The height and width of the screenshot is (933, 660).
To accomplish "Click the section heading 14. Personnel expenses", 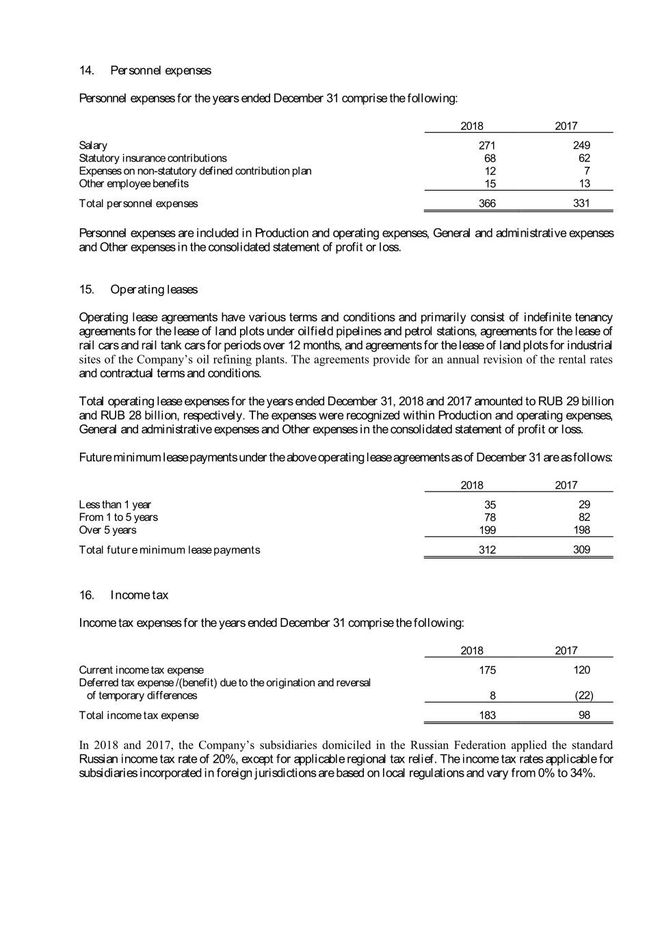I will click(x=145, y=70).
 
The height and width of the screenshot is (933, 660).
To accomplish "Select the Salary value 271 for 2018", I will click(x=487, y=145).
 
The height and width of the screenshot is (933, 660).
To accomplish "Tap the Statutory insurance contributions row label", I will click(x=153, y=158).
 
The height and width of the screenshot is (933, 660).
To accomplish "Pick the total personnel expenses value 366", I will click(x=487, y=203).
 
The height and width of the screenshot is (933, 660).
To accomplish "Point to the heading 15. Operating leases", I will click(x=138, y=289).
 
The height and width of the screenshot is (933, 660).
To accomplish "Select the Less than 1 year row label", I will click(x=115, y=504).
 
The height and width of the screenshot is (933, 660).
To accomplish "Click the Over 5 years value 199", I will click(x=487, y=530).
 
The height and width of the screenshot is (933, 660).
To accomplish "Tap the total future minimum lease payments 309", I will click(x=581, y=550).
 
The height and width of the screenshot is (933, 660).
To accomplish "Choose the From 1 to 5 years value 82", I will click(x=583, y=517).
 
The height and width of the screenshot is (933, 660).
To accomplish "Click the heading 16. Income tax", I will click(x=124, y=595).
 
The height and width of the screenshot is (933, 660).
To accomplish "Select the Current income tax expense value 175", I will click(x=487, y=670).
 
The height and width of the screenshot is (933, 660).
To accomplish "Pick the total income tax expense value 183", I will click(x=487, y=715).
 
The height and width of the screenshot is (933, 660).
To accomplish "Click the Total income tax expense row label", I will click(x=139, y=715).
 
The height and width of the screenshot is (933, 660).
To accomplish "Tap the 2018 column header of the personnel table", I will click(x=472, y=126).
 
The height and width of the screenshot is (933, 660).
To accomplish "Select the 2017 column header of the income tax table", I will click(x=566, y=651).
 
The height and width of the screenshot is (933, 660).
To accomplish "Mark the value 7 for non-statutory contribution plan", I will click(x=587, y=171).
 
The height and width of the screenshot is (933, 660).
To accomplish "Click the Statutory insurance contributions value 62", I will click(x=583, y=158).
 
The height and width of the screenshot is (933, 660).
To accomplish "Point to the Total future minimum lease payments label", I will click(x=169, y=550).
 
